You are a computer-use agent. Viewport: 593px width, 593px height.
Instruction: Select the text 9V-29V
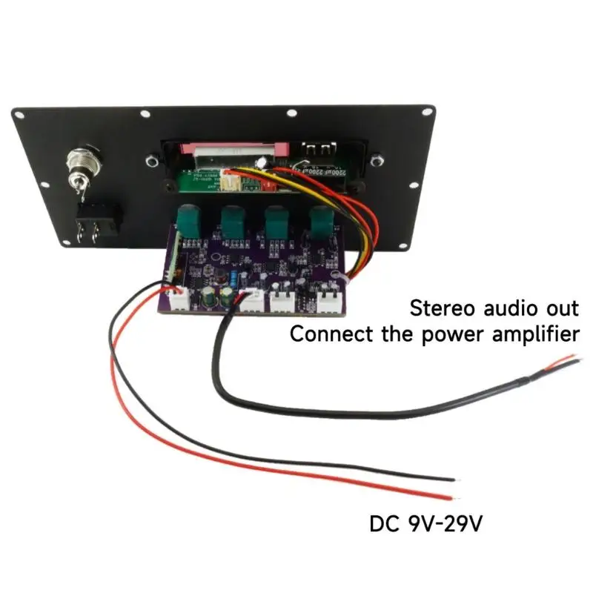(445, 525)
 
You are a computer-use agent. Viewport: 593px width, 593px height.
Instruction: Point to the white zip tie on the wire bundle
(338, 275)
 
